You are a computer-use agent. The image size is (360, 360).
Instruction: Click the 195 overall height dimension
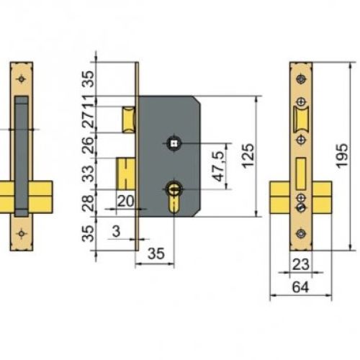pos(343,154)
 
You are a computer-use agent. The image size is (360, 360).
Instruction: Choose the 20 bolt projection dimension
pos(125,201)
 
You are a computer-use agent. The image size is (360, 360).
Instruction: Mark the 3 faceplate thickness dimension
pos(115,232)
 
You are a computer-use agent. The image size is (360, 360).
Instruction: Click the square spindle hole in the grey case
pos(175,143)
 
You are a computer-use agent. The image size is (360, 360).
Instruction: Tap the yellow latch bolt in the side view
pos(127,118)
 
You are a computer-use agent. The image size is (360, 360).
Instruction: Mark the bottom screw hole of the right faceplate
pos(300,233)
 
